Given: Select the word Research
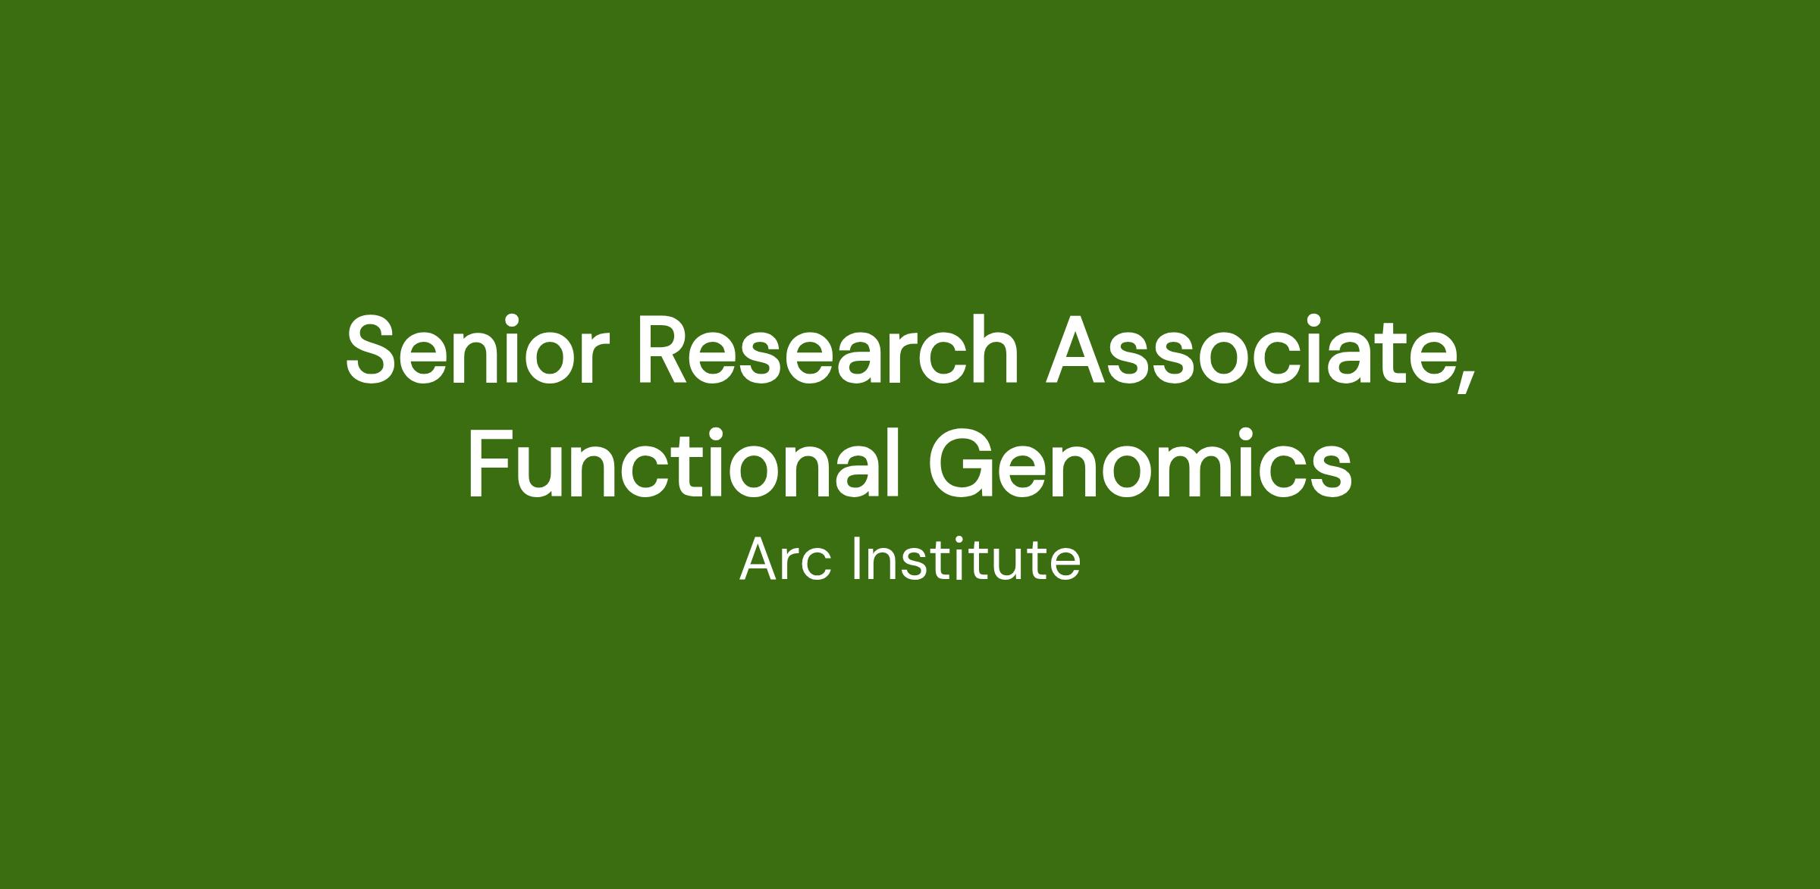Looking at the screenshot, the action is pyautogui.click(x=828, y=349).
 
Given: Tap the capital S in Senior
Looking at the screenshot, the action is pyautogui.click(x=375, y=351).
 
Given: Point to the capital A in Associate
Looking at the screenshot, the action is pyautogui.click(x=1080, y=351).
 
